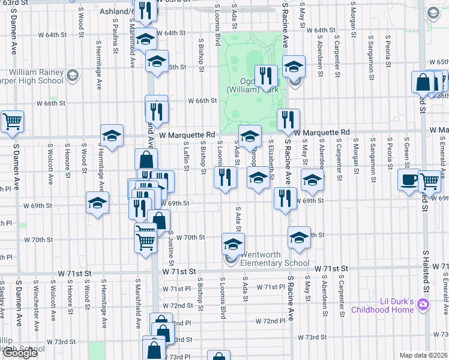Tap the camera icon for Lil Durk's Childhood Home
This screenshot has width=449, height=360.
(x=424, y=305)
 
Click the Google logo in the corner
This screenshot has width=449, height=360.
(x=20, y=353)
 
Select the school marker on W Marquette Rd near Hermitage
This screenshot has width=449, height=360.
(x=112, y=136)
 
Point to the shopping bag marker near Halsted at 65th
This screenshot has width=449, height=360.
(x=423, y=83)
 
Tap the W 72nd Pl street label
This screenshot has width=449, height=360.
(x=270, y=322)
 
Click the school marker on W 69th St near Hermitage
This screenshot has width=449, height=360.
(x=97, y=203)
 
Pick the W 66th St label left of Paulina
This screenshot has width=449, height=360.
(x=55, y=103)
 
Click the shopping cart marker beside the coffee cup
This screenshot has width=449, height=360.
(x=429, y=181)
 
